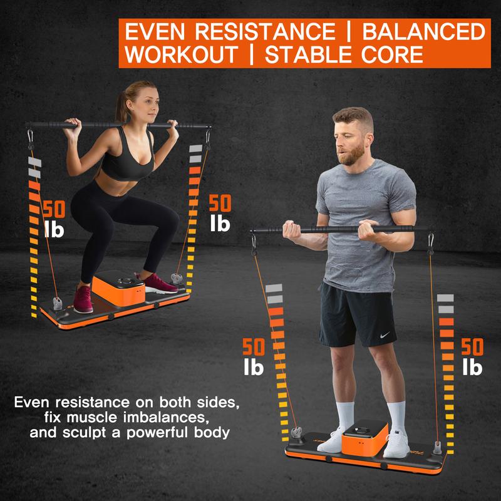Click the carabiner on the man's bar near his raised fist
pos(256,240)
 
